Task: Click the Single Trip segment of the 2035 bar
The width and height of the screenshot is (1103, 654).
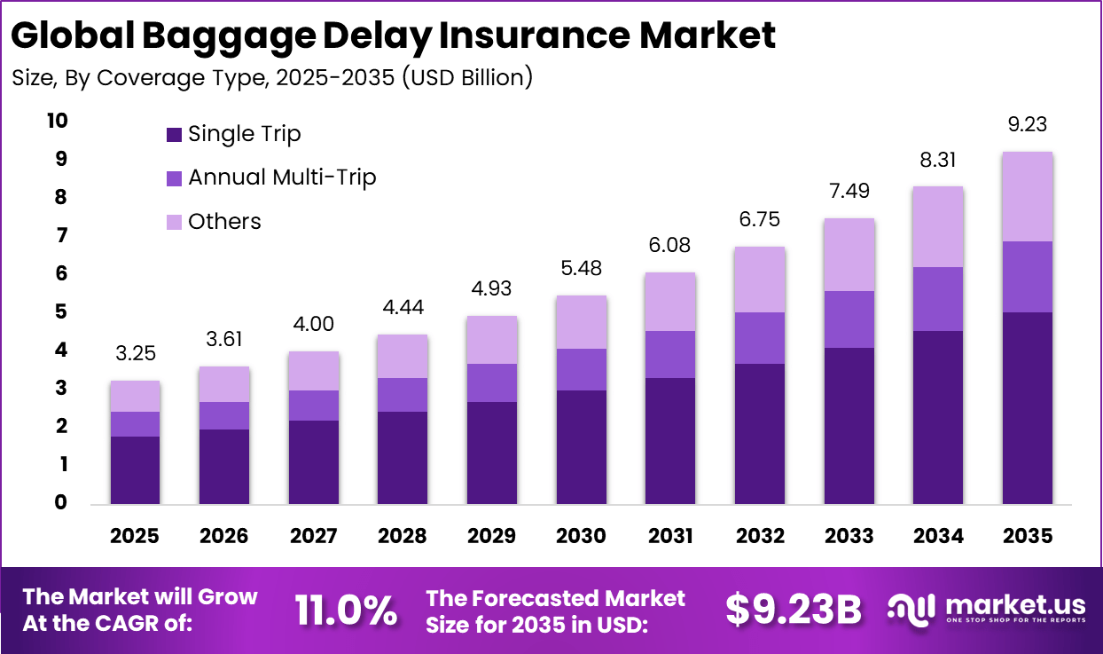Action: (x=1028, y=407)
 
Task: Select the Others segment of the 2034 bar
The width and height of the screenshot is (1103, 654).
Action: (x=938, y=226)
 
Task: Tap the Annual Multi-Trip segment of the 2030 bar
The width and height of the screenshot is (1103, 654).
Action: (x=581, y=369)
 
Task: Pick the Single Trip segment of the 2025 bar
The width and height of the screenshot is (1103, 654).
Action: (x=135, y=469)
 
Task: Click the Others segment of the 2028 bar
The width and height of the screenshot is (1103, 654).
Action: (x=403, y=356)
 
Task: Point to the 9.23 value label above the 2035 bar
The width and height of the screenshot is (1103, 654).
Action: (x=1028, y=125)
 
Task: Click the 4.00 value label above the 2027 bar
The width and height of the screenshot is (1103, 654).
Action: (x=313, y=325)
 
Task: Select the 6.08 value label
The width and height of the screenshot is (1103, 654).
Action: (x=670, y=245)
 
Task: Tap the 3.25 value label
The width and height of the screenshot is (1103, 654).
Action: (x=135, y=353)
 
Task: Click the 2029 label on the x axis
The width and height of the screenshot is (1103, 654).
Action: (x=491, y=536)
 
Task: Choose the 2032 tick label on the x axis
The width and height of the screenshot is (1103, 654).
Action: (x=760, y=536)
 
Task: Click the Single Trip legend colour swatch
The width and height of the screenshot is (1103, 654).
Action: (x=174, y=135)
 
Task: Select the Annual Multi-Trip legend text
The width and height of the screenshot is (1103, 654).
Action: (x=282, y=177)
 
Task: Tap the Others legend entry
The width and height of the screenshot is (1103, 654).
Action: (x=224, y=221)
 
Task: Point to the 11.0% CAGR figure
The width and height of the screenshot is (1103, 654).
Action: (x=345, y=611)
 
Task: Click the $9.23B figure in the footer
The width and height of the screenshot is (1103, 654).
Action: (x=794, y=611)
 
